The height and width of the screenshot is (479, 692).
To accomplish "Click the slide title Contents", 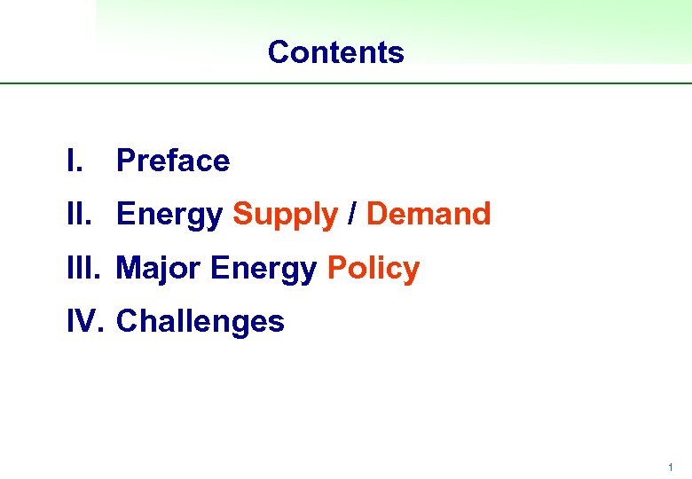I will (x=335, y=52).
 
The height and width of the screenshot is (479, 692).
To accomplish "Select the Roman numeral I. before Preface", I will (x=75, y=161).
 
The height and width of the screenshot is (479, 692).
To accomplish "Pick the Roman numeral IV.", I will (x=85, y=321).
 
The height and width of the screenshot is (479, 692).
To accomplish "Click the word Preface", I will (x=173, y=161).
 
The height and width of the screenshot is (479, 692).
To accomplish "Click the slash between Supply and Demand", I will (x=352, y=214).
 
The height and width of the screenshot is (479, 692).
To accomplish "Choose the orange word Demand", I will (x=429, y=214).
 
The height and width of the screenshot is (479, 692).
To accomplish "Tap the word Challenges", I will (x=201, y=322).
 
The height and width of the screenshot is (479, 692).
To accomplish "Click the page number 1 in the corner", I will (x=671, y=467).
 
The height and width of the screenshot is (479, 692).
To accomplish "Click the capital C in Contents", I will (x=278, y=52).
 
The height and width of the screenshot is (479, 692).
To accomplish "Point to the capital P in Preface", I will (x=125, y=161).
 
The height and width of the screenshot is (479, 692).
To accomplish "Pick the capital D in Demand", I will (x=376, y=214).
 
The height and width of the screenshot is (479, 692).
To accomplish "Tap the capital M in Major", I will (x=129, y=268).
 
